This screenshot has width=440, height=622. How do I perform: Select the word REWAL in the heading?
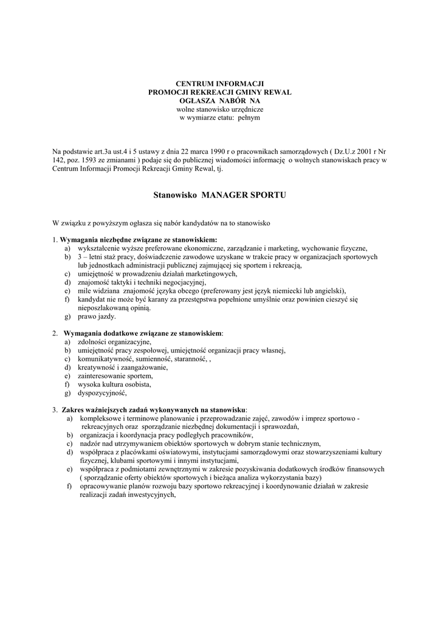276,91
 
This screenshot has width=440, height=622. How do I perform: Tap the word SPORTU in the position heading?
268,196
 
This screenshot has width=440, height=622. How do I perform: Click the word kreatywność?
97,367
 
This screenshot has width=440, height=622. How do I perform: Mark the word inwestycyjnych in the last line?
149,495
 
